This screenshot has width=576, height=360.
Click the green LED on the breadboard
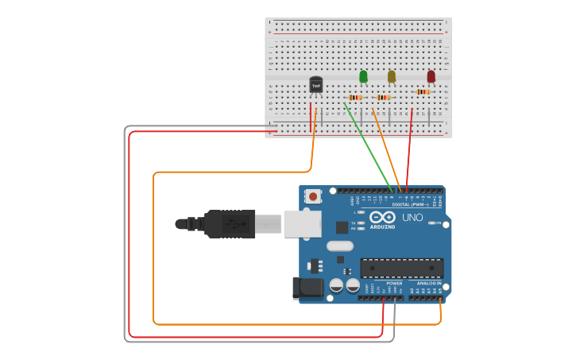(x=363, y=76)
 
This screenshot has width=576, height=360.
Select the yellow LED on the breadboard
(x=392, y=76)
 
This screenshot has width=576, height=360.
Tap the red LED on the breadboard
(x=431, y=76)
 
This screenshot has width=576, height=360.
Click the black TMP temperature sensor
(x=315, y=84)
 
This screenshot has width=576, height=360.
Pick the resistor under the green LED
(x=355, y=97)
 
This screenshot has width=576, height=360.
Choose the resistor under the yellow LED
(x=384, y=97)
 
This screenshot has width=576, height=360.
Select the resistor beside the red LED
(x=423, y=91)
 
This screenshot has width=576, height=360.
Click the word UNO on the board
(x=412, y=218)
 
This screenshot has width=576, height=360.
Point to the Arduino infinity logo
(x=382, y=217)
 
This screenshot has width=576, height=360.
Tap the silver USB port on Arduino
(x=303, y=224)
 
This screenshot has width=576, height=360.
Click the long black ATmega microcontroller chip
(x=401, y=269)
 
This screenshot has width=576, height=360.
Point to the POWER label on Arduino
(x=394, y=283)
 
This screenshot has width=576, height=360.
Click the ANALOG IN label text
(x=429, y=283)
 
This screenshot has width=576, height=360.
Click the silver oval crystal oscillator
(x=339, y=246)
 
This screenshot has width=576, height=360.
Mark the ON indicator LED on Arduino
(x=433, y=223)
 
